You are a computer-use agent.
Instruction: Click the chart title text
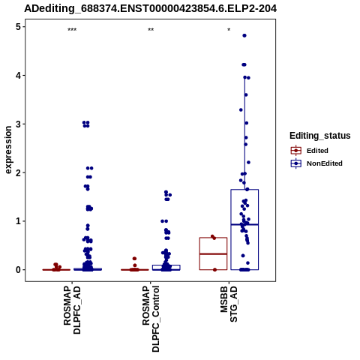(x=151, y=9)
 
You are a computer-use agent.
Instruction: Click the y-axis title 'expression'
(x=8, y=150)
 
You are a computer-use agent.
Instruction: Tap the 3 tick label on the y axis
(x=19, y=124)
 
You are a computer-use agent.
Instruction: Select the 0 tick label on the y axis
(x=19, y=270)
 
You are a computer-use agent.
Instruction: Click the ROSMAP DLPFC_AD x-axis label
(x=72, y=310)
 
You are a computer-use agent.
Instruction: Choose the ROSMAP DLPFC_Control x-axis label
(x=151, y=319)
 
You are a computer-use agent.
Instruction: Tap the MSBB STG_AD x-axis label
(x=229, y=304)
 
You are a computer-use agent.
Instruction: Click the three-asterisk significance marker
(x=72, y=30)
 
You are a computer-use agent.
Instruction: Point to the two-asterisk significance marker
(x=151, y=30)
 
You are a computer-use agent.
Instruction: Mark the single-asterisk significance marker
(x=229, y=30)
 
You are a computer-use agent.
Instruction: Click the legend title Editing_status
(x=320, y=136)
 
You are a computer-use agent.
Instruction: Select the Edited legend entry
(x=310, y=151)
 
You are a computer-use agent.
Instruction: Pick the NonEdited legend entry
(x=316, y=163)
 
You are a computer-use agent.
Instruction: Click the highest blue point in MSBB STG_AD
(x=244, y=36)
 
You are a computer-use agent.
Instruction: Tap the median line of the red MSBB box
(x=213, y=254)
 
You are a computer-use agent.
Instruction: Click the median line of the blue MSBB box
(x=244, y=225)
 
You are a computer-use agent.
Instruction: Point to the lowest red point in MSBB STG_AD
(x=214, y=270)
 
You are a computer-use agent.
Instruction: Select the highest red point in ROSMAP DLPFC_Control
(x=134, y=259)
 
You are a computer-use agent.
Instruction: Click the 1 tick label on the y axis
(x=19, y=221)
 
